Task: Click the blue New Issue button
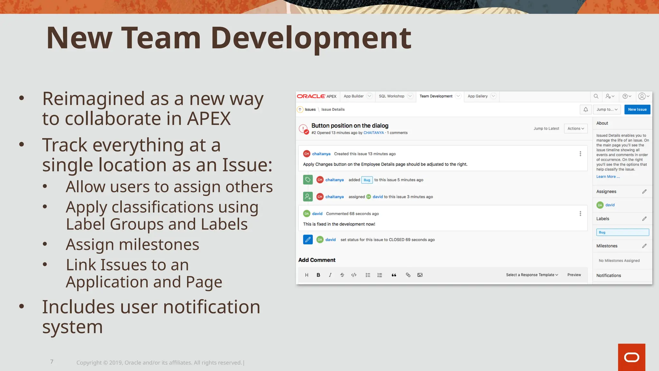pos(637,109)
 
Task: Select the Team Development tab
pos(436,96)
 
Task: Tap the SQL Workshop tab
pos(392,96)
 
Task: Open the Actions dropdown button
pos(576,128)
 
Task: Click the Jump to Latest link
pos(546,128)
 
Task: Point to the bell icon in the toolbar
pos(586,109)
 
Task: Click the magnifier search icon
pos(596,96)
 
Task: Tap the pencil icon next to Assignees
pos(644,192)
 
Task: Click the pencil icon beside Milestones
pos(644,246)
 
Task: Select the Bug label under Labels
pos(602,233)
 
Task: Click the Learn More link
pos(608,176)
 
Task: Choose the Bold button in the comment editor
pos(318,275)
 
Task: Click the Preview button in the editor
pos(574,275)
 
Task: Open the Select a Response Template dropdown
pos(532,275)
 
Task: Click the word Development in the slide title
pos(311,38)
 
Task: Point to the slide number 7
pos(52,362)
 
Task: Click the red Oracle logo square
pos(631,357)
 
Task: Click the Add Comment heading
pos(317,260)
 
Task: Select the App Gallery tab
pos(478,96)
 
